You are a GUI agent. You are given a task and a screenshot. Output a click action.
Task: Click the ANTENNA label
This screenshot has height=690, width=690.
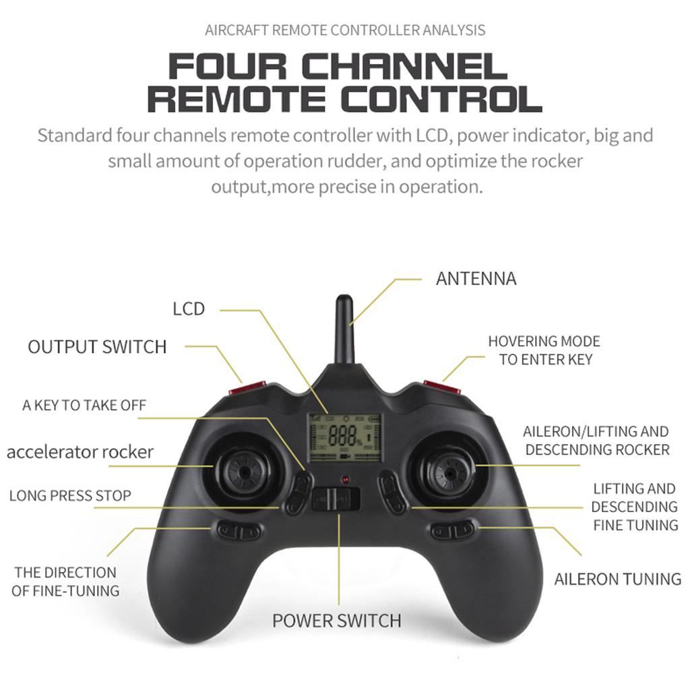point(476,278)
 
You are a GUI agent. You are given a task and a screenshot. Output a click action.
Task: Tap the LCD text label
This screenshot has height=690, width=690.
point(188,309)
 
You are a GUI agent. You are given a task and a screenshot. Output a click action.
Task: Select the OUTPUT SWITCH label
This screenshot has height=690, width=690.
point(97,347)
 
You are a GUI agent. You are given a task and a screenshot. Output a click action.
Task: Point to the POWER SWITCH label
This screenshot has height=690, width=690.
point(336,620)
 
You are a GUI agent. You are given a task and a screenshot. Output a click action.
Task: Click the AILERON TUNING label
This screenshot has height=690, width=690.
point(617,579)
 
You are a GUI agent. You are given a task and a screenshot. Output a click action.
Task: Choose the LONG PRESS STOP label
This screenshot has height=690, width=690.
point(70,496)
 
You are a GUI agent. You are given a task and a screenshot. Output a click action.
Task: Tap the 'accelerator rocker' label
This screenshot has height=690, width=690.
point(80,451)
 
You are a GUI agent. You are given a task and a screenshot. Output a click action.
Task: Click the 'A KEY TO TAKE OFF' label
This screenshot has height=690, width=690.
point(84,405)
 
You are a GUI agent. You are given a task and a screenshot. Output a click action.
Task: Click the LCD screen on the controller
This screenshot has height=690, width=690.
point(344,437)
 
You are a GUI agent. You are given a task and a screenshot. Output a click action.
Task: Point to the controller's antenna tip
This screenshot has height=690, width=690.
point(344,300)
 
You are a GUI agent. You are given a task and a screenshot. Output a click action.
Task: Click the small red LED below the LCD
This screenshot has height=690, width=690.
point(345,479)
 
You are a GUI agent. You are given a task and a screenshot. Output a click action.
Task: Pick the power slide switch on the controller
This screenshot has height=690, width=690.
point(336,499)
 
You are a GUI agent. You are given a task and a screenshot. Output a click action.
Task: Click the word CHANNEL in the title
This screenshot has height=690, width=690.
point(403,67)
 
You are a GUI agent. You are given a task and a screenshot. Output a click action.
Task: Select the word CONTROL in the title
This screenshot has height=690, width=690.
point(441,98)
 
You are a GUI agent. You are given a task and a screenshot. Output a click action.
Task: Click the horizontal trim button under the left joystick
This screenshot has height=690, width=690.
point(239,531)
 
